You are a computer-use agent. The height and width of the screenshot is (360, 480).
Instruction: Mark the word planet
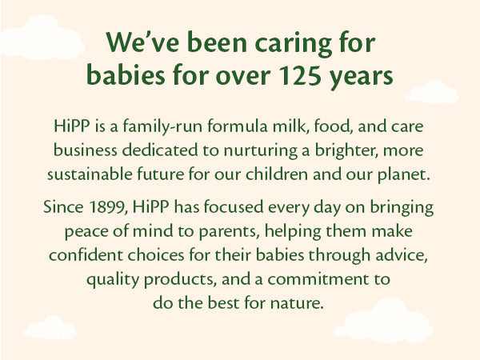[410, 173]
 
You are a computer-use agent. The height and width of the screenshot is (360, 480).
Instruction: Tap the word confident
[85, 255]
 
